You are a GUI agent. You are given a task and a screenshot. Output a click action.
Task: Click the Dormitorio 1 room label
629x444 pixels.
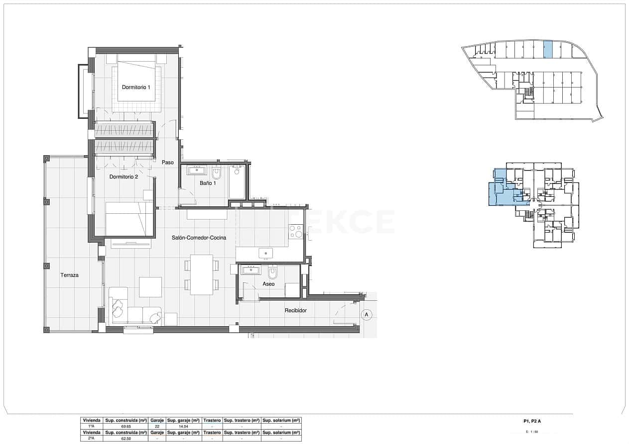(x=136, y=87)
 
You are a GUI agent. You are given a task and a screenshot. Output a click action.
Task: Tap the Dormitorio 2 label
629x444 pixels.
(x=124, y=177)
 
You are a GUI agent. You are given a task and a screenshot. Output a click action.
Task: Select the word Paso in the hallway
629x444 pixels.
(x=168, y=162)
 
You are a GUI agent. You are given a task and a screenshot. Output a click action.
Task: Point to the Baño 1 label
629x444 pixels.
(x=208, y=183)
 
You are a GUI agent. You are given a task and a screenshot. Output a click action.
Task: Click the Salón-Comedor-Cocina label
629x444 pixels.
(x=199, y=238)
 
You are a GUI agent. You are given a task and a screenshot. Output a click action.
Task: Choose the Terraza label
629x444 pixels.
(x=70, y=275)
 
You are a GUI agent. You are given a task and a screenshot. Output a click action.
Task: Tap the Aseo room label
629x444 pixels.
(x=268, y=284)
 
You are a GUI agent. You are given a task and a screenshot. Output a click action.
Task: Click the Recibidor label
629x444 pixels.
(x=295, y=310)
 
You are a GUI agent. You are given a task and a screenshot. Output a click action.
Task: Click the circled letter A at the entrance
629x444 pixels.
(x=367, y=314)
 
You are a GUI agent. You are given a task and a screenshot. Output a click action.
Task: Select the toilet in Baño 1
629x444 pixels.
(x=217, y=173)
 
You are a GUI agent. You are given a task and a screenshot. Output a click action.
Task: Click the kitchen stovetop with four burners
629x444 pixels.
(x=296, y=231)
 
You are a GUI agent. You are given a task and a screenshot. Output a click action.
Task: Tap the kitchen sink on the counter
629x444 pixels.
(x=265, y=254)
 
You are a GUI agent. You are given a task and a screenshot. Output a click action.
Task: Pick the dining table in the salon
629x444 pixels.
(x=201, y=274)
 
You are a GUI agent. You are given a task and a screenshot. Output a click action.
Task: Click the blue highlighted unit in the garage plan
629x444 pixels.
(x=548, y=49)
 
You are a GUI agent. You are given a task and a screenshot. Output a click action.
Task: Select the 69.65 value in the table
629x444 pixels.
(x=126, y=426)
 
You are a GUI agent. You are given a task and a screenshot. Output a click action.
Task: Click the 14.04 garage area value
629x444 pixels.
(x=183, y=426)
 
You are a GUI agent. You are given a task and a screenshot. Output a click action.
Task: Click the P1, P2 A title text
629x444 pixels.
(x=532, y=421)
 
